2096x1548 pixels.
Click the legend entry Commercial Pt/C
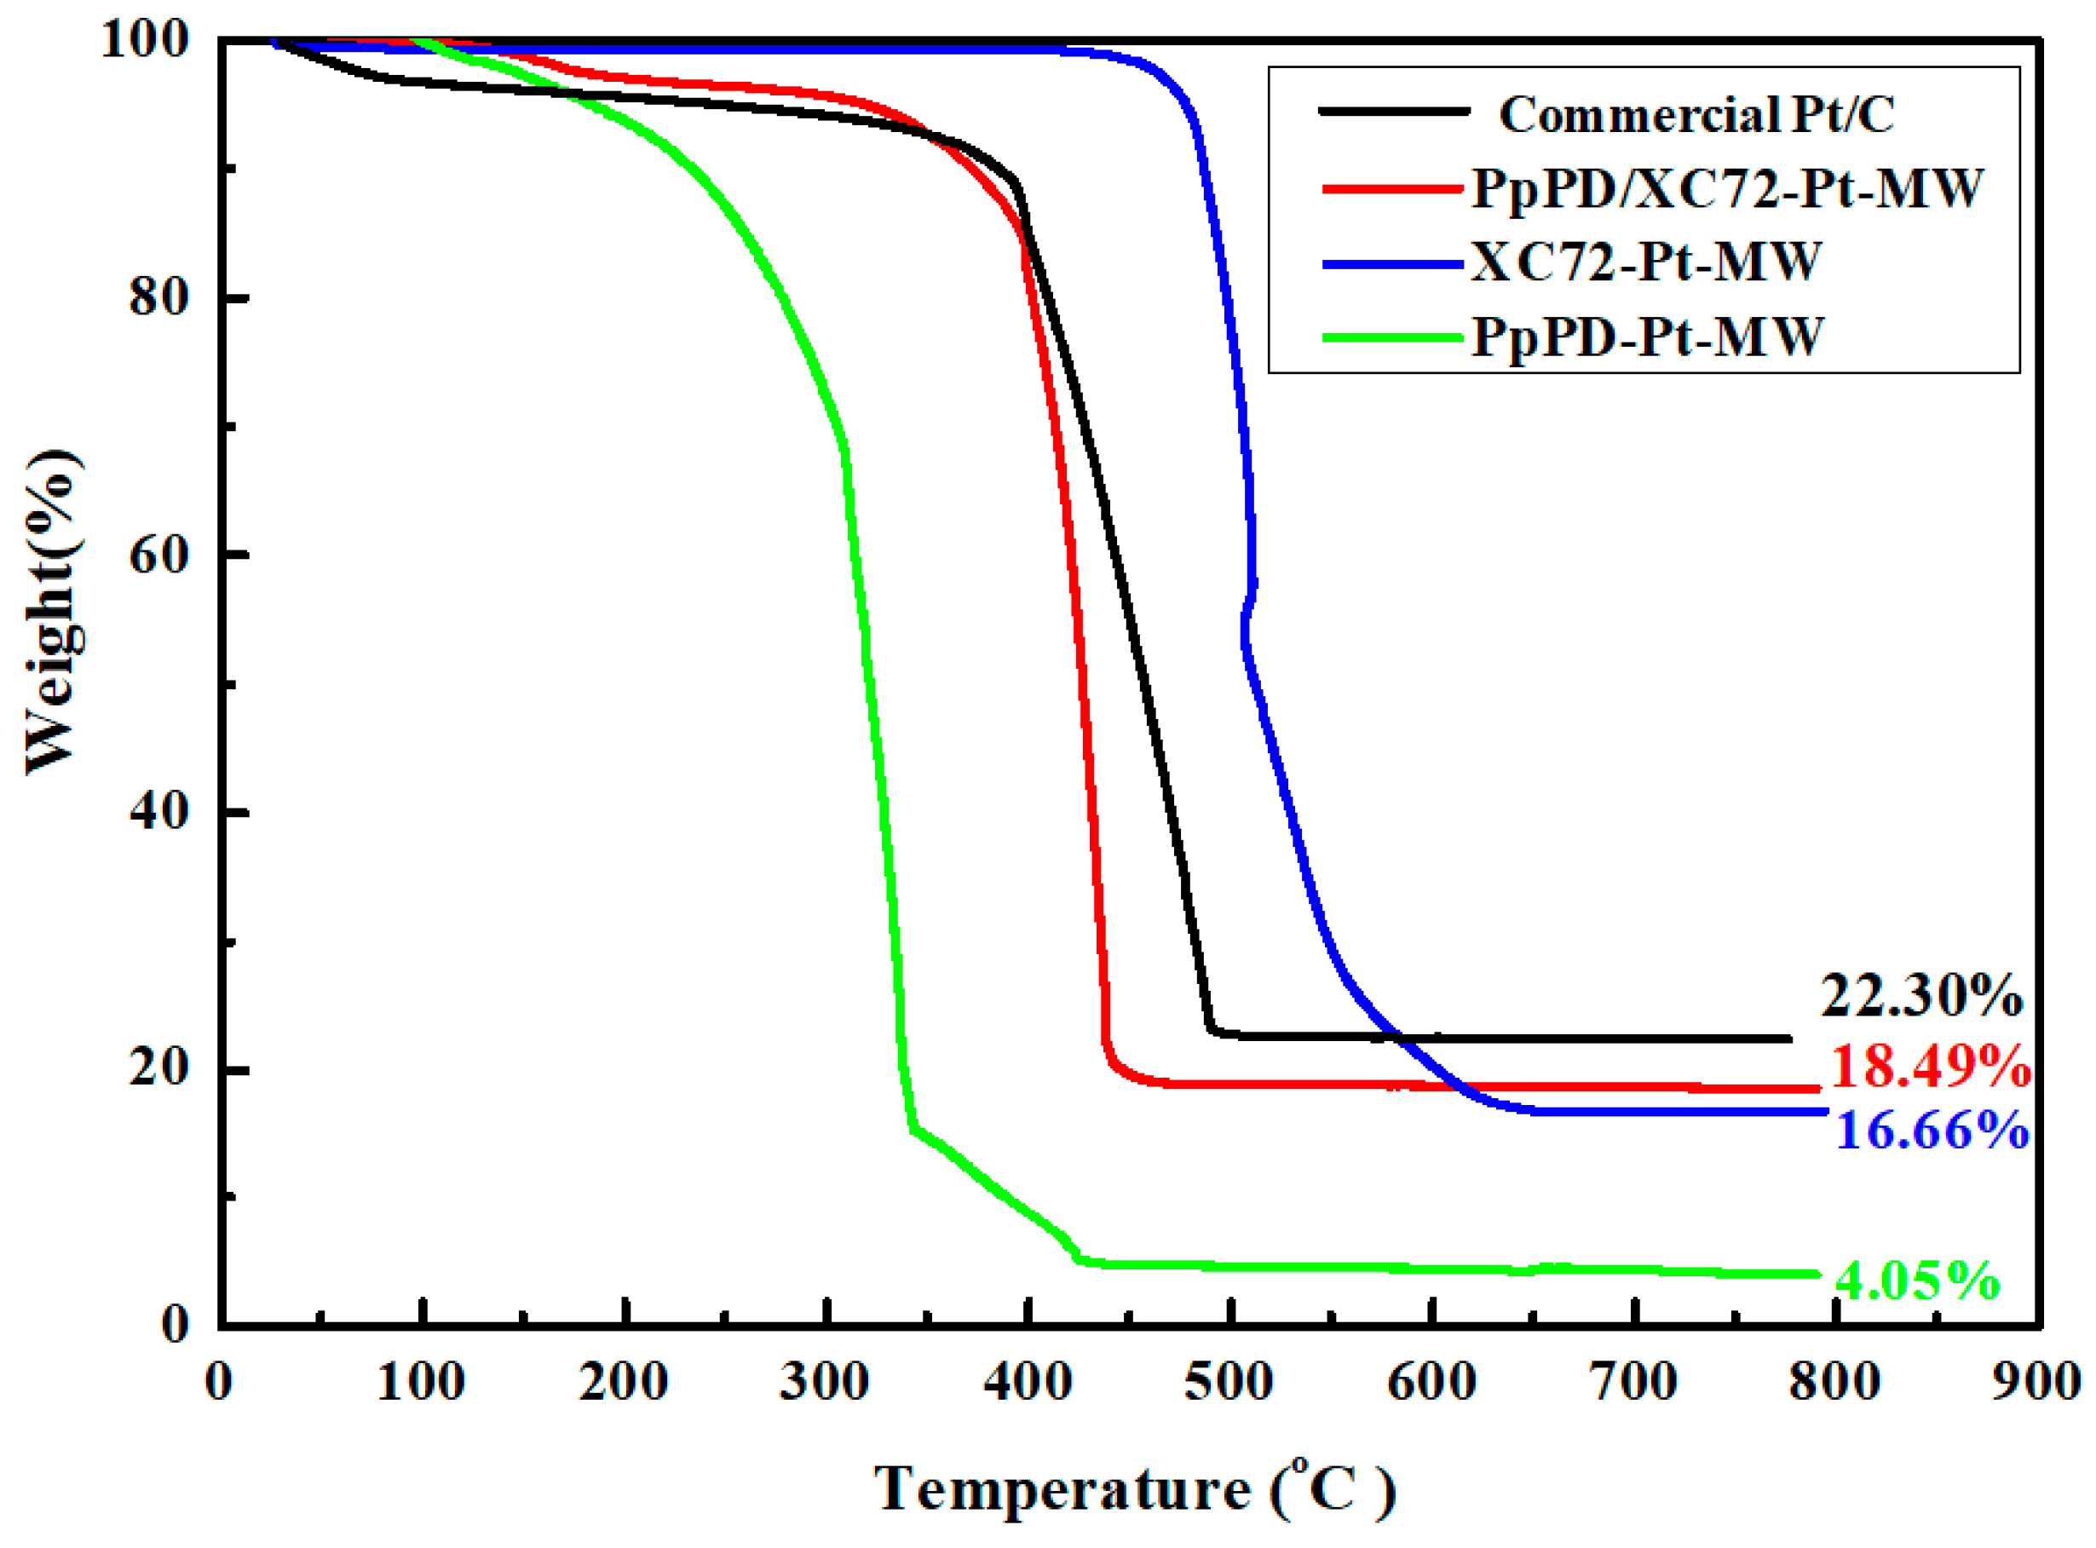tap(1696, 114)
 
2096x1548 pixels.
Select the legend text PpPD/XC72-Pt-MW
tap(1727, 188)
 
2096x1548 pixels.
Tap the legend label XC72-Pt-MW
tap(1645, 262)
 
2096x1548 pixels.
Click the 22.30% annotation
tap(1920, 995)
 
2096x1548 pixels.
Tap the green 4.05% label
tap(1916, 1279)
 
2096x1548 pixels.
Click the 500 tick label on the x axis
tap(1229, 1382)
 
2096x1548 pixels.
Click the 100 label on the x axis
tap(421, 1382)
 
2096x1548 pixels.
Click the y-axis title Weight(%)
tap(51, 613)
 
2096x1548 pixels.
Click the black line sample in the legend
tap(1393, 112)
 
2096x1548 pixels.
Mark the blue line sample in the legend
tap(1393, 264)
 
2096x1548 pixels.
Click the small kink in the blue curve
tap(1248, 609)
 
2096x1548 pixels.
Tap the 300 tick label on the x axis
tap(825, 1382)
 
